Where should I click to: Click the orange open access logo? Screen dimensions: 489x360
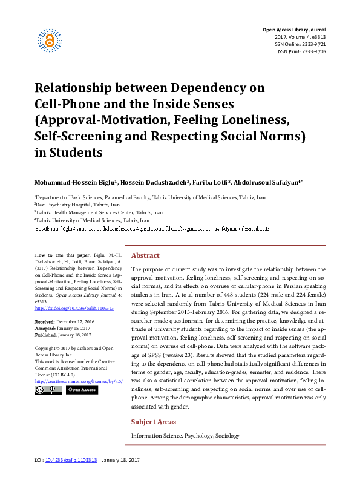click(x=50, y=39)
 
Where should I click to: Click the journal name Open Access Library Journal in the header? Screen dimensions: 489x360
click(x=293, y=30)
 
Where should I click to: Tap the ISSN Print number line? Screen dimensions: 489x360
click(x=301, y=51)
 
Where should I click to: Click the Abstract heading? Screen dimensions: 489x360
click(x=145, y=256)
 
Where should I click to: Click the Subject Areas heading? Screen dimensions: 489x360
click(x=154, y=422)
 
